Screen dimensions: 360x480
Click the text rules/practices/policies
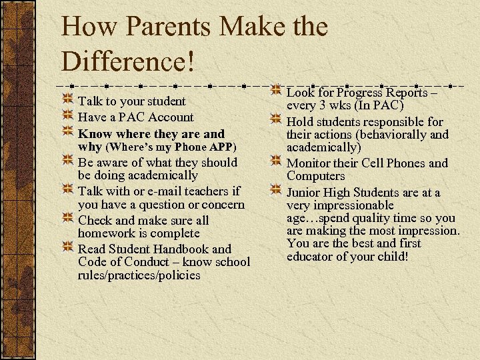(139, 275)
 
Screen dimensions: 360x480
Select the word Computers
(316, 176)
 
